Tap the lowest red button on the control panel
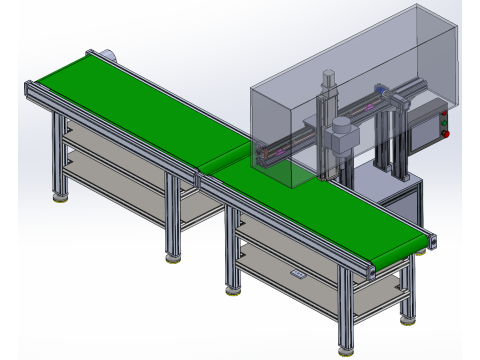tap(446, 133)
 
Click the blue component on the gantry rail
tap(379, 89)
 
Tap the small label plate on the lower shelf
tap(296, 275)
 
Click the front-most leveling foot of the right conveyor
tap(346, 351)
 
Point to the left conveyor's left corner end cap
tap(30, 89)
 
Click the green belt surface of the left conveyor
tap(130, 105)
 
